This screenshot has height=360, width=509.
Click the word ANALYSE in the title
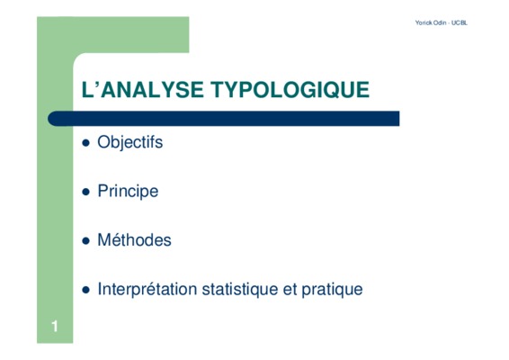[152, 90]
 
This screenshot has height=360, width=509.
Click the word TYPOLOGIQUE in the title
[290, 90]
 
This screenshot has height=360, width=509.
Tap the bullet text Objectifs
[129, 143]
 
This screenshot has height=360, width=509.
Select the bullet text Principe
[128, 192]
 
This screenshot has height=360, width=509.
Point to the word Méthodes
[134, 240]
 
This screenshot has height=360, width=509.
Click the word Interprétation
[147, 289]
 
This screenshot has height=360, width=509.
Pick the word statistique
[240, 289]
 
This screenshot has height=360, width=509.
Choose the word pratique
[332, 290]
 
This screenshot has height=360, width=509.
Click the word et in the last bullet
[290, 290]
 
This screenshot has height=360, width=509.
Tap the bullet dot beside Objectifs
[85, 143]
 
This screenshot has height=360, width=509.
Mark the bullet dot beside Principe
[85, 192]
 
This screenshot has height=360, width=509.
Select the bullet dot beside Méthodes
[85, 241]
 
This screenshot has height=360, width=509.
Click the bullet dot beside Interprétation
[85, 290]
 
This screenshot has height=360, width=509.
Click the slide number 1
[55, 326]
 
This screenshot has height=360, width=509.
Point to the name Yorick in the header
[424, 22]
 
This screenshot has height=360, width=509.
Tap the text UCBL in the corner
[460, 22]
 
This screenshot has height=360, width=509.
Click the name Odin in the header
[440, 22]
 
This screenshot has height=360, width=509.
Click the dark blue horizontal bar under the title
[224, 118]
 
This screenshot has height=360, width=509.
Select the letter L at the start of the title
[87, 90]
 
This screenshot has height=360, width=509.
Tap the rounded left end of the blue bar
[51, 118]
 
